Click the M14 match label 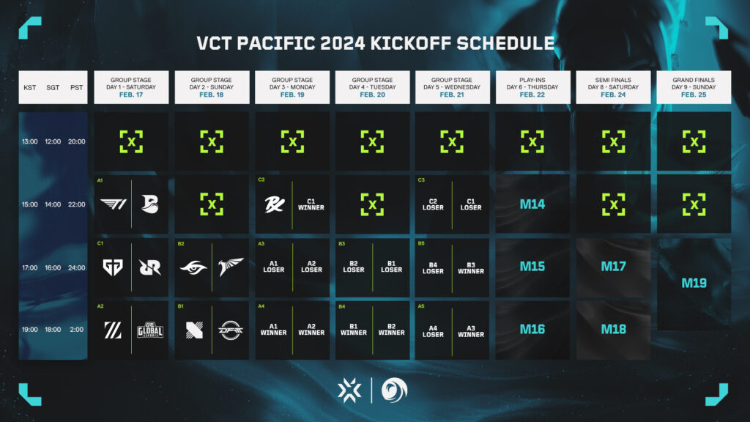click(532, 204)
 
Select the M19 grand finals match click(694, 283)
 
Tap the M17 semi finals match click(613, 267)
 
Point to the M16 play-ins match click(532, 329)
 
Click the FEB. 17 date click(131, 95)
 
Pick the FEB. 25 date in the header click(694, 95)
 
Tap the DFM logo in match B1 click(230, 329)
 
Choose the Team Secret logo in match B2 click(193, 267)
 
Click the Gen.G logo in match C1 click(114, 267)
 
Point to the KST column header click(30, 87)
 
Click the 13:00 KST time click(30, 141)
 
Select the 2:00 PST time click(77, 330)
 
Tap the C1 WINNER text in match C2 click(311, 204)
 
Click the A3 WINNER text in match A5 click(471, 330)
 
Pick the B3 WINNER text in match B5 click(471, 267)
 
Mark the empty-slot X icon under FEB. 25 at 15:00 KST click(694, 204)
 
